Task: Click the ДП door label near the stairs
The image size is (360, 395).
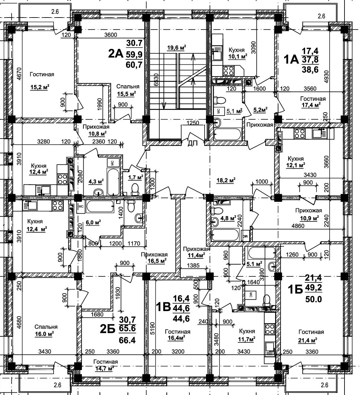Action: (x=192, y=144)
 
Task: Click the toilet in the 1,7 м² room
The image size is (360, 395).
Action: (x=136, y=189)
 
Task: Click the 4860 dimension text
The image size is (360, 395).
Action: (x=297, y=226)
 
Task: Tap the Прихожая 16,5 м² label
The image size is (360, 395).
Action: (x=154, y=257)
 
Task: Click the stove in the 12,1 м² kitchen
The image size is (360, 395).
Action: (x=299, y=134)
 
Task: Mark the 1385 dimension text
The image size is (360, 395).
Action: (x=191, y=265)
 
